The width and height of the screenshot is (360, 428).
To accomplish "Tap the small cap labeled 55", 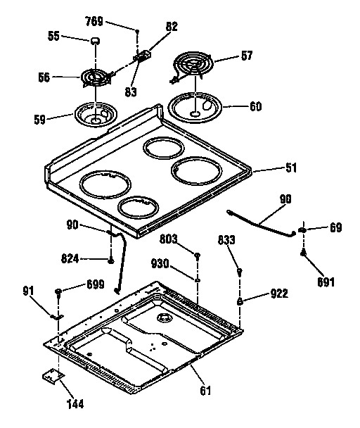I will [x=92, y=42].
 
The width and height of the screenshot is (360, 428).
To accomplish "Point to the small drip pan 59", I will [x=95, y=115].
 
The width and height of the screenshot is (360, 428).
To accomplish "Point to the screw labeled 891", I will [x=304, y=255].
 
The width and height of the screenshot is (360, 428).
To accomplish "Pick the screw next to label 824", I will [x=112, y=260].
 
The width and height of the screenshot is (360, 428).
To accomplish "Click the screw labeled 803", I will [x=199, y=255].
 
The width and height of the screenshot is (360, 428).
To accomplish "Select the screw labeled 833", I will [x=240, y=272].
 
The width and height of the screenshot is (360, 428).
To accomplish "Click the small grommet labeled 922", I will [x=241, y=301].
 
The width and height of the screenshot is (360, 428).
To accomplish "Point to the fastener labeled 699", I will [x=58, y=290].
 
